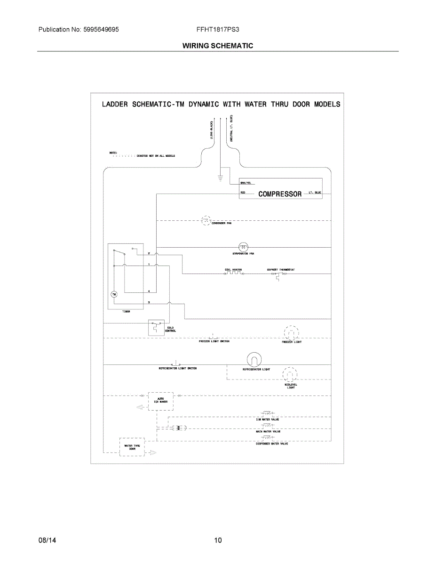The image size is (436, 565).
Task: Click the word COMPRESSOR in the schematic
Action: pos(280,194)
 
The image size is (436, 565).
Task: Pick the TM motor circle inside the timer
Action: pos(113,294)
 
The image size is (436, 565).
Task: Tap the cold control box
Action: pos(155,327)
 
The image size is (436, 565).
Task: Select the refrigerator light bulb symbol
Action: pos(254,360)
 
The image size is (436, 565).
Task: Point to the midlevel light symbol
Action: pos(290,375)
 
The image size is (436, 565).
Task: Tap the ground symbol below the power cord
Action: pos(220,178)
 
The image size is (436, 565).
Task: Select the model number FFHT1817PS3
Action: pos(218,29)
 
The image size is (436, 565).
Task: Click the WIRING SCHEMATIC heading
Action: pos(218,46)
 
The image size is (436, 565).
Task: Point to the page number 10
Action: pos(218,540)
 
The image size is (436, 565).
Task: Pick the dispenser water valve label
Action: pos(272,444)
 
